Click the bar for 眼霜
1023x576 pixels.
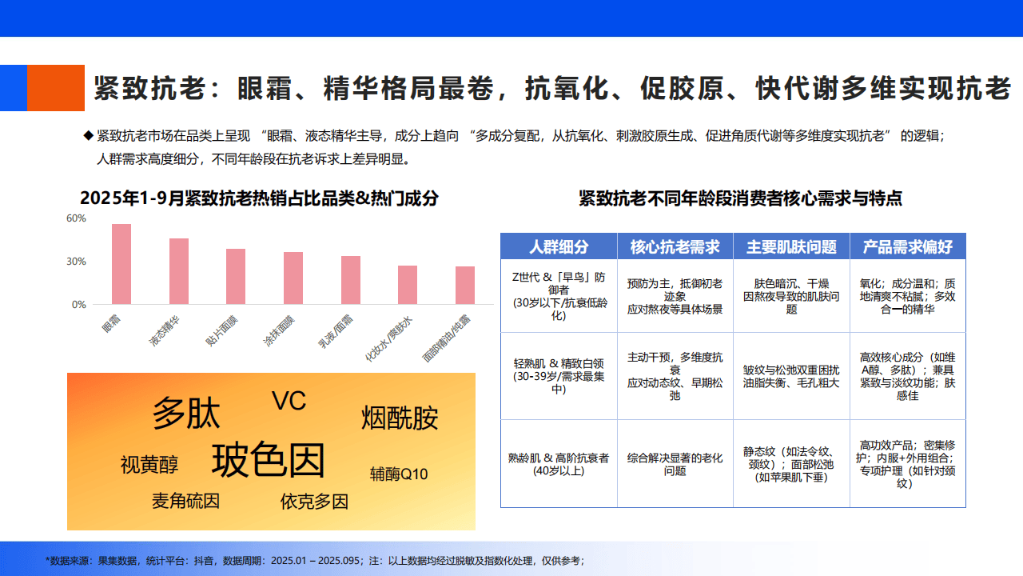pyautogui.click(x=121, y=264)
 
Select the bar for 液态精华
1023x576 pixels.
pyautogui.click(x=179, y=271)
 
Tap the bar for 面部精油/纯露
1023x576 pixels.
pyautogui.click(x=465, y=286)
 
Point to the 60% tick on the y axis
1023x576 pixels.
pyautogui.click(x=76, y=218)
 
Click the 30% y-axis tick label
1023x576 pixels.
pyautogui.click(x=76, y=262)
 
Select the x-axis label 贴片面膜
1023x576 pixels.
pyautogui.click(x=221, y=330)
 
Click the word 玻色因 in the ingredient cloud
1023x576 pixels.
pyautogui.click(x=268, y=460)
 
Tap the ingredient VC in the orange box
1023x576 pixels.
pyautogui.click(x=289, y=401)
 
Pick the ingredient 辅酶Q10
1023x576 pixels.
pyautogui.click(x=399, y=474)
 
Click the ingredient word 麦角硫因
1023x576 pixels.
pyautogui.click(x=186, y=501)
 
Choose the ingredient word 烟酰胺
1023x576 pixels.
pyautogui.click(x=400, y=418)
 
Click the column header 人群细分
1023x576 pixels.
pyautogui.click(x=559, y=247)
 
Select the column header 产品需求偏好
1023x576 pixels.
pyautogui.click(x=907, y=247)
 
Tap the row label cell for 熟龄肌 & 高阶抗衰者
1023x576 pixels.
pyautogui.click(x=559, y=464)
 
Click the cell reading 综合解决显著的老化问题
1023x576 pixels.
pyautogui.click(x=675, y=464)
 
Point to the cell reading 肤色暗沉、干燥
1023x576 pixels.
pyautogui.click(x=791, y=283)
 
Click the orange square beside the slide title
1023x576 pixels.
pyautogui.click(x=56, y=88)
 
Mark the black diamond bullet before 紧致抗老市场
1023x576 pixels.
pyautogui.click(x=89, y=135)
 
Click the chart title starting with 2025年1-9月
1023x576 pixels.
pyautogui.click(x=260, y=198)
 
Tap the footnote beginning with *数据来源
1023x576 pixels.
pyautogui.click(x=315, y=561)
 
